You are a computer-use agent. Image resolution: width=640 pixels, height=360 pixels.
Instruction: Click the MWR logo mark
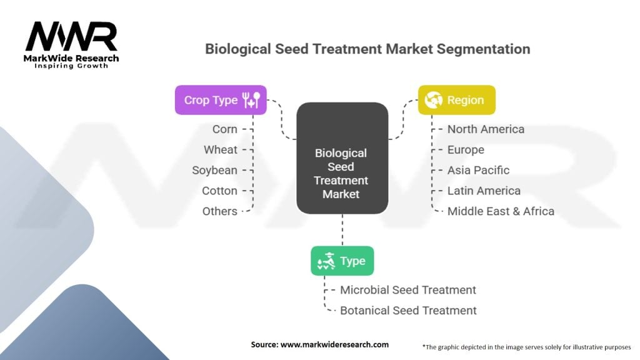click(71, 36)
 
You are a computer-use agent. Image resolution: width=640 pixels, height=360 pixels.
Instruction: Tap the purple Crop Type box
click(221, 100)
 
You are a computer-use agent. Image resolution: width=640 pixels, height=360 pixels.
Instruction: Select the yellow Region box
click(457, 100)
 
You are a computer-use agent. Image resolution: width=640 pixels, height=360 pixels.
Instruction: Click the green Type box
click(342, 261)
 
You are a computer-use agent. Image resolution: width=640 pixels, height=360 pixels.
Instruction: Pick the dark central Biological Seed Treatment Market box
click(342, 158)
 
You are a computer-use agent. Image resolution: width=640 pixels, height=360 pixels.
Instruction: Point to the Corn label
click(224, 129)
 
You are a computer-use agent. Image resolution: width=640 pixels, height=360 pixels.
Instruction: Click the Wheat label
click(221, 150)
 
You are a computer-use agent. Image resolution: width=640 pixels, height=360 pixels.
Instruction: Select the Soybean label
click(215, 170)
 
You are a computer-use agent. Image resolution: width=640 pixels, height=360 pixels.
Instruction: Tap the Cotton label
click(219, 191)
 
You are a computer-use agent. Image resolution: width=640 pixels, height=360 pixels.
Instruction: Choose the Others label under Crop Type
click(219, 211)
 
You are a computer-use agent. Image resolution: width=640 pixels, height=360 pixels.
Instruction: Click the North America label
click(486, 129)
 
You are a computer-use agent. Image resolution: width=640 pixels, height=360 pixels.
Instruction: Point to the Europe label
click(466, 150)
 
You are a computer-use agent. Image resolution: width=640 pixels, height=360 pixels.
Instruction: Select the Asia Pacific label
click(478, 170)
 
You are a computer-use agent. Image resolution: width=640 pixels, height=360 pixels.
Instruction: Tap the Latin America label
click(484, 191)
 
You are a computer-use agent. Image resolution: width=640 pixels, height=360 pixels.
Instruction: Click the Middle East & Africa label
click(501, 211)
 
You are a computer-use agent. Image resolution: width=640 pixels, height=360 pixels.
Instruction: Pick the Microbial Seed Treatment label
click(408, 290)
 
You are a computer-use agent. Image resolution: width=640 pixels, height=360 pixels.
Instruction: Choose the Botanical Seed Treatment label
click(408, 311)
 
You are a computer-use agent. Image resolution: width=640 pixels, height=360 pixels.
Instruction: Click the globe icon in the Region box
click(434, 100)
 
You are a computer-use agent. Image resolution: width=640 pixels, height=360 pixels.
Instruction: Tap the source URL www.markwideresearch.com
click(335, 344)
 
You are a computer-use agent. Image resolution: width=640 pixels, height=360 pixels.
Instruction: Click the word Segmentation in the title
click(483, 49)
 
